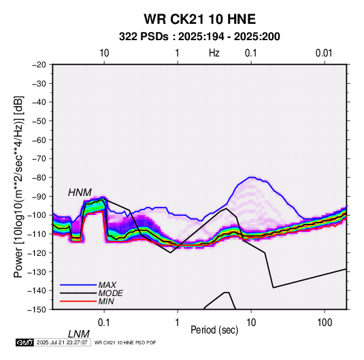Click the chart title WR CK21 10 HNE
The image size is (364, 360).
coord(199,19)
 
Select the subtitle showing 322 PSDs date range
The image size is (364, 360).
coord(199,37)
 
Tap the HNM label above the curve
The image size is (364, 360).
coord(80,193)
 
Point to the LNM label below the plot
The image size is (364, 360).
coord(78,334)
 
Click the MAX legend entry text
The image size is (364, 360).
coord(107,284)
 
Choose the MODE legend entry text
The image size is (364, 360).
coord(110,293)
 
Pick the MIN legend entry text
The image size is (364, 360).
coord(106,301)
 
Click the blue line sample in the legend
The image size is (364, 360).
coord(78,284)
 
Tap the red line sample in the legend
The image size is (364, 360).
coord(78,301)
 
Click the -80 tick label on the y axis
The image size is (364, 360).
coord(39,178)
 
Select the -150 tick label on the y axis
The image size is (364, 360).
coord(37,310)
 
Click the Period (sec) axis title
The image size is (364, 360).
coord(214,330)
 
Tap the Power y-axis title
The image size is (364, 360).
coord(18,186)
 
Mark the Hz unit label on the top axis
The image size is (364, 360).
coord(214,53)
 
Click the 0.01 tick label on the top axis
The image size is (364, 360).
coord(324,53)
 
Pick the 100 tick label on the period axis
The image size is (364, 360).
coord(325,323)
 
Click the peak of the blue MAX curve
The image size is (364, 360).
coord(252,177)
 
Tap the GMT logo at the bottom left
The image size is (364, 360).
coord(25,342)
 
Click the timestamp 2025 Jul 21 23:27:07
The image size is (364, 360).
coord(62,342)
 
